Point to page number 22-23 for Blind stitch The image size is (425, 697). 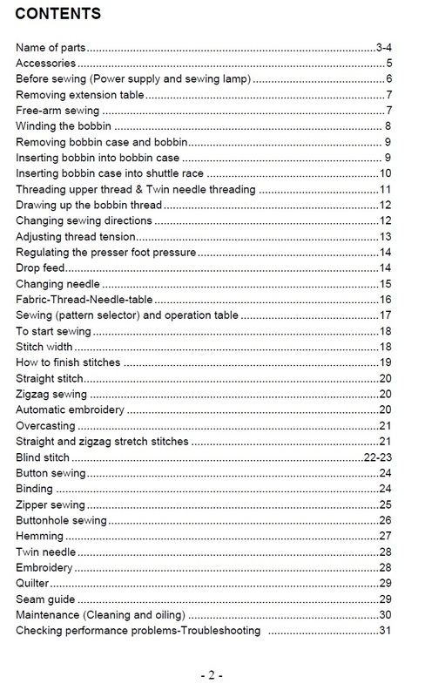[x=381, y=457]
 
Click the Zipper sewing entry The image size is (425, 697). [x=51, y=504]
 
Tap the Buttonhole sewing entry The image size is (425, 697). [x=61, y=520]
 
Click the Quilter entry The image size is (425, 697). [x=33, y=583]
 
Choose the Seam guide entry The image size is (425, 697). [x=45, y=599]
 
